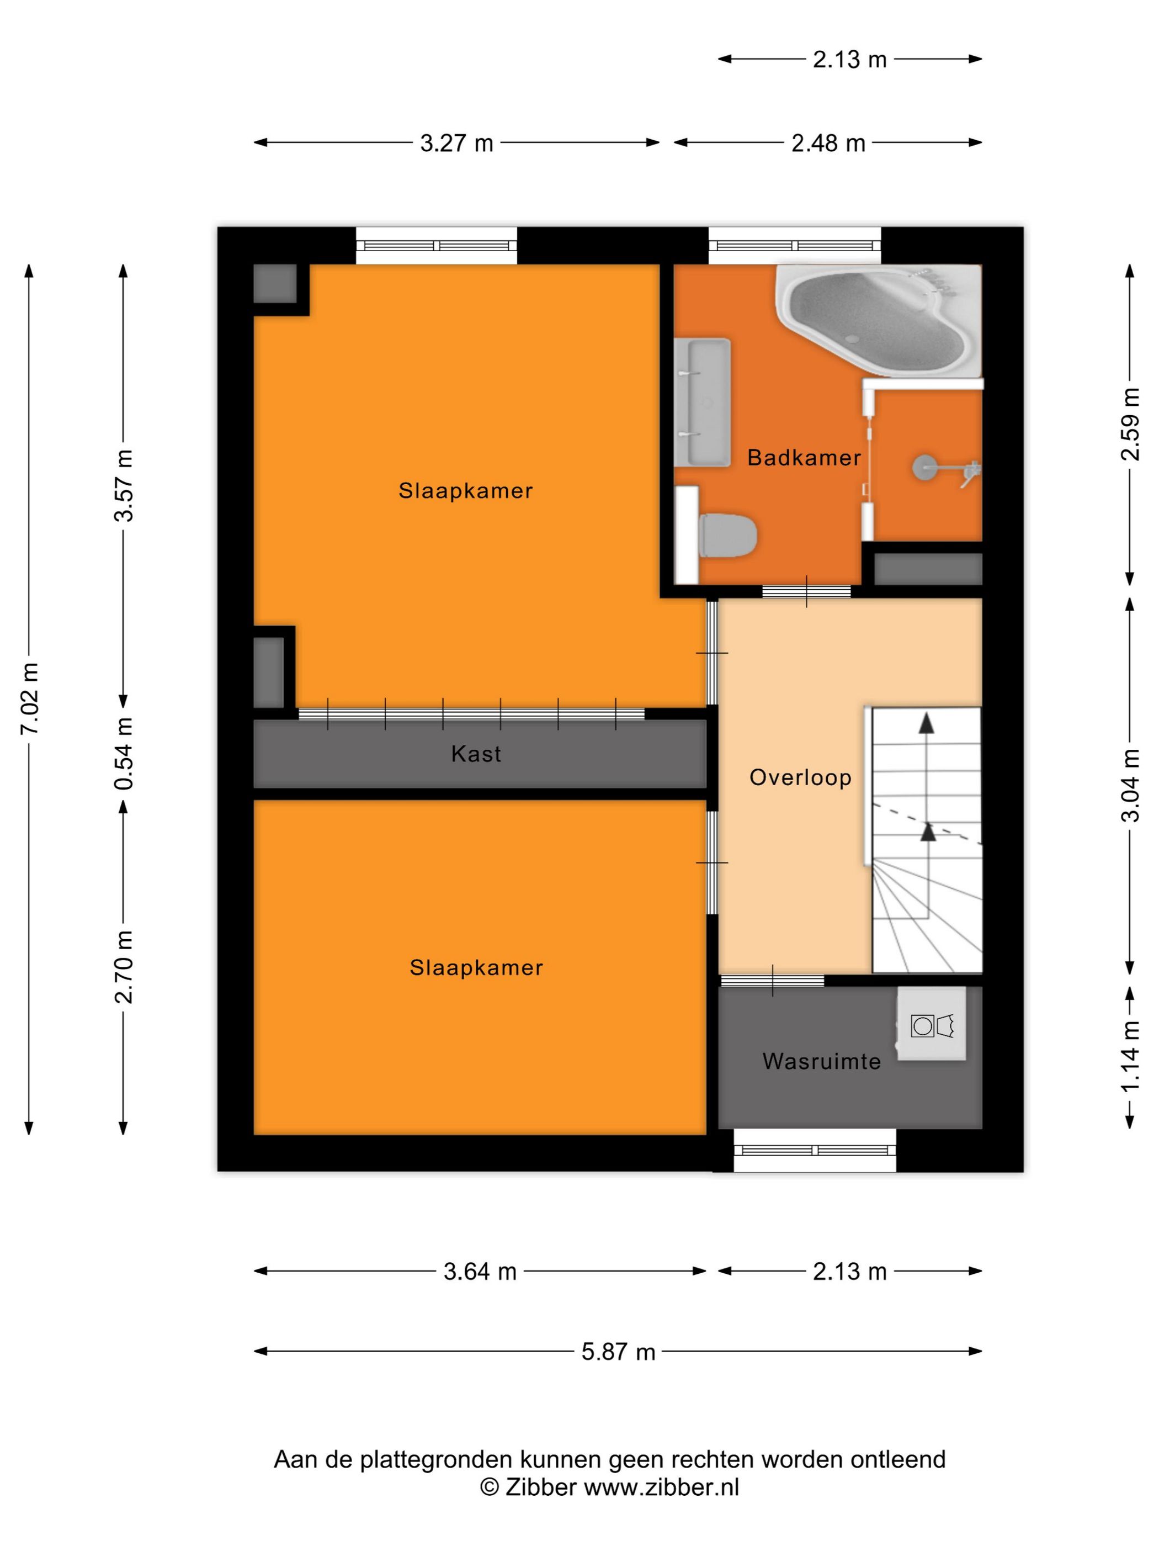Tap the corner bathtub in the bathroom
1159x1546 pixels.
(878, 319)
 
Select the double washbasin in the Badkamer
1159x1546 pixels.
(702, 403)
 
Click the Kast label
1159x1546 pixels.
(476, 754)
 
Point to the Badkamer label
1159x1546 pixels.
(804, 458)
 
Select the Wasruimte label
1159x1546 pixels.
(822, 1062)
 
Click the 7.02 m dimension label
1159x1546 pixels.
(29, 698)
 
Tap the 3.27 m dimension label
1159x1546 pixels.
(456, 142)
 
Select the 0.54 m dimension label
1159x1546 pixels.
(124, 754)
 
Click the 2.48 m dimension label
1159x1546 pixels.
(828, 142)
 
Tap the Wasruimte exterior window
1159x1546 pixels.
(815, 1150)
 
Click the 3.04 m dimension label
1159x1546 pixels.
(1130, 785)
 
